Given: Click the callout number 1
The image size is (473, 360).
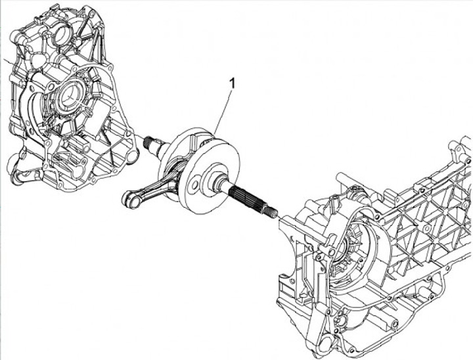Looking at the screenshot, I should pyautogui.click(x=231, y=83).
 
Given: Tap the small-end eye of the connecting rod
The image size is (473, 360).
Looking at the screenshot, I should pyautogui.click(x=129, y=198).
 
